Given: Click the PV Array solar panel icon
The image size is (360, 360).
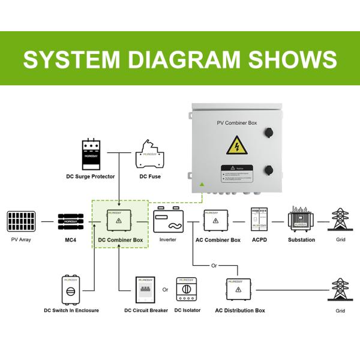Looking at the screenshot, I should (20, 221).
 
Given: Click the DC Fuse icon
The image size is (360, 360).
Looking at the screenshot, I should (149, 155).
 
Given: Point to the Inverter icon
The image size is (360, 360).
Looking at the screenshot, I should (167, 221).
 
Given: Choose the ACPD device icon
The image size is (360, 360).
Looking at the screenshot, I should (259, 221).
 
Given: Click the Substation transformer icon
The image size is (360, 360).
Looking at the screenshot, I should (301, 220).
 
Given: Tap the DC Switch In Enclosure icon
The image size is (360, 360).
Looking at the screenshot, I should (71, 290).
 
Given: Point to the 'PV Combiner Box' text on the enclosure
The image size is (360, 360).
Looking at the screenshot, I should (236, 122).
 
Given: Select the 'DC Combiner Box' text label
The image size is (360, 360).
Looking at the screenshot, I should (121, 240).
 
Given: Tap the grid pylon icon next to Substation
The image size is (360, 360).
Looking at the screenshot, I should (341, 221).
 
